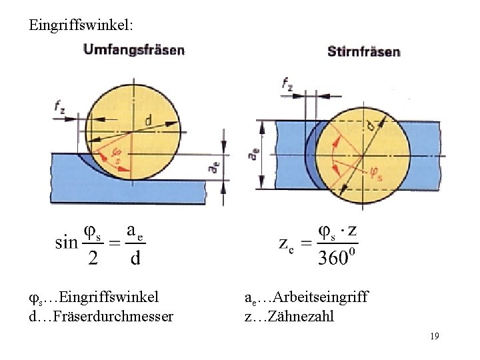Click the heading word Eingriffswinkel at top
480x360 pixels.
(x=81, y=25)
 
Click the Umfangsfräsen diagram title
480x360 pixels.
(x=133, y=50)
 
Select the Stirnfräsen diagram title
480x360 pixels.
(x=363, y=51)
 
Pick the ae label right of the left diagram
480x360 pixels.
(x=213, y=167)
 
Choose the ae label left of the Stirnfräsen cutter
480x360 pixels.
(x=254, y=155)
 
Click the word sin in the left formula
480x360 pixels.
(x=67, y=242)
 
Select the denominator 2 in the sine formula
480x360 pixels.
(x=93, y=257)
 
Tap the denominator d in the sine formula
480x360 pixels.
(x=135, y=257)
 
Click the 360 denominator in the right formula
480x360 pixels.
(x=331, y=257)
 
